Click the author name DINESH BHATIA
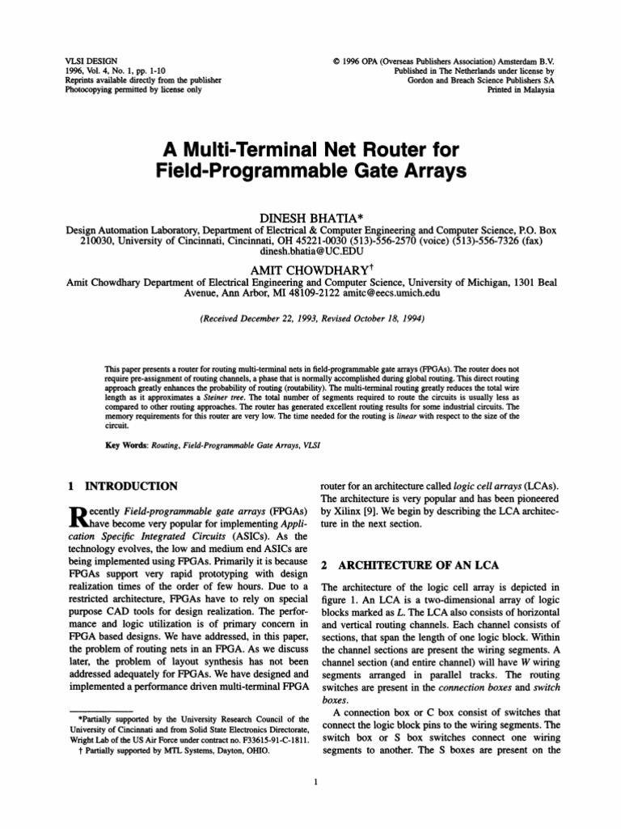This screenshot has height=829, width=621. click(x=309, y=218)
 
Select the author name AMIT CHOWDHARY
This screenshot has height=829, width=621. click(x=309, y=269)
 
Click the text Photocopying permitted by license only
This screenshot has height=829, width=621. click(x=133, y=91)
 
